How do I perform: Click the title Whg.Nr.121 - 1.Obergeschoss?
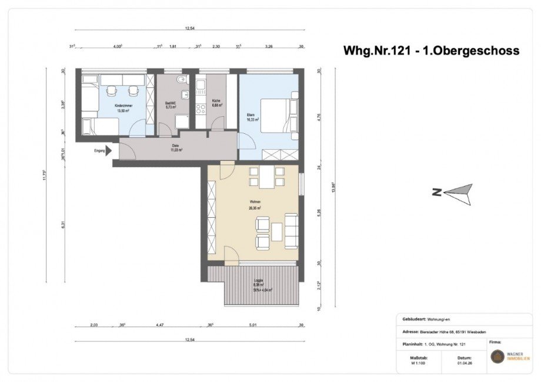(431, 50)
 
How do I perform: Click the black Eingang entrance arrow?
(108, 151)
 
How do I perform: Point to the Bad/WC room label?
(170, 107)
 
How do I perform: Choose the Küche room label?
(216, 107)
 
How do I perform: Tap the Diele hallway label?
(175, 148)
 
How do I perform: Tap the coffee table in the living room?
(276, 232)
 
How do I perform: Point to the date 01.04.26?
(464, 362)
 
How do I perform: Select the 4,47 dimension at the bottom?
(158, 324)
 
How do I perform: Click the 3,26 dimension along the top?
(269, 46)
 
